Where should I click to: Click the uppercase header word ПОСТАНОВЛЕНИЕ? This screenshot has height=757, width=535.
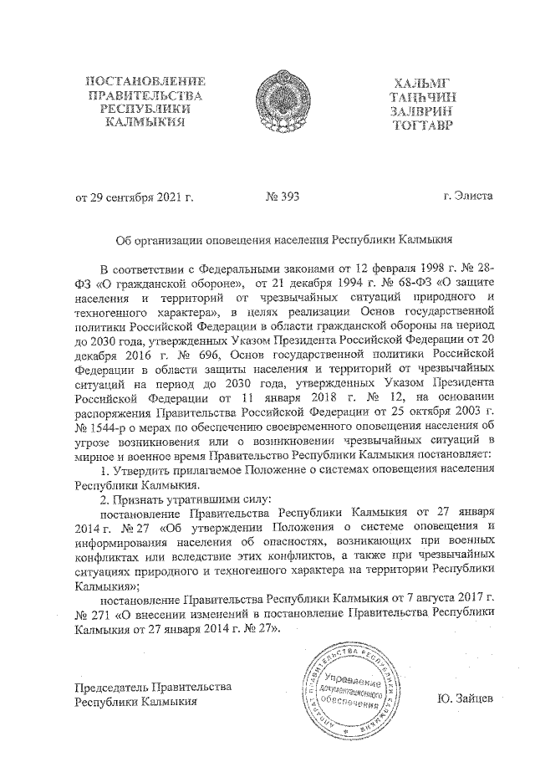tap(145, 81)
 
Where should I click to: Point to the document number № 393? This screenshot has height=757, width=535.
tap(282, 197)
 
